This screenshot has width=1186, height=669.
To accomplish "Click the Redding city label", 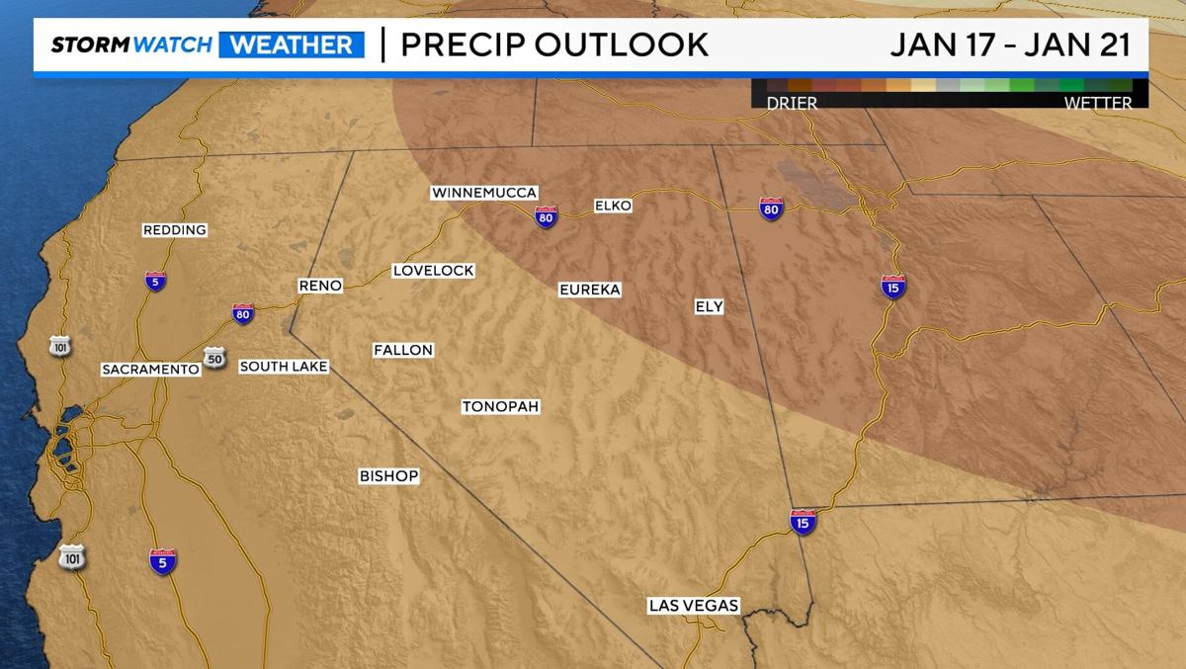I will [x=175, y=230].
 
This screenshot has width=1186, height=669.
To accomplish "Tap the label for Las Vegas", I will [x=694, y=606].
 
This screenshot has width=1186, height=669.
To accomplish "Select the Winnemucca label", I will [x=484, y=193].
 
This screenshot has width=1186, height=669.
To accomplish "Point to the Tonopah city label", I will [x=501, y=407].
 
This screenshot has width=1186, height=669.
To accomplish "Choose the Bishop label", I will [x=388, y=476].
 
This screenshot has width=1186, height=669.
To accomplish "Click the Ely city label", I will [x=709, y=307].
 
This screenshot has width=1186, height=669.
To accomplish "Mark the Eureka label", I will [x=589, y=290].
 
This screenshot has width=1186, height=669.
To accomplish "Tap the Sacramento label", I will [x=150, y=370].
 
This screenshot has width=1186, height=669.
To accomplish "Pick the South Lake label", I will [x=284, y=367].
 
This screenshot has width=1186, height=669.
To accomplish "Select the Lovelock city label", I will [x=433, y=271].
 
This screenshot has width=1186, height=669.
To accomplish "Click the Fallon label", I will [x=403, y=350].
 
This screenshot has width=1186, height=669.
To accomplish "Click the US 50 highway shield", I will [x=214, y=357].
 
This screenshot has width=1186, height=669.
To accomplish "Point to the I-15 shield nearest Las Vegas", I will [x=803, y=522].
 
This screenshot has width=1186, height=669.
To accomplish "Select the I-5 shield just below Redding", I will [x=155, y=281].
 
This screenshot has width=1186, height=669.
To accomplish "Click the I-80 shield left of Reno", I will [x=243, y=313].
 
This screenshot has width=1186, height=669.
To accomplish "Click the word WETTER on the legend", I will [x=1097, y=103].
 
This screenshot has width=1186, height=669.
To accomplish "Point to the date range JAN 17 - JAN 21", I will [x=1009, y=45].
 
